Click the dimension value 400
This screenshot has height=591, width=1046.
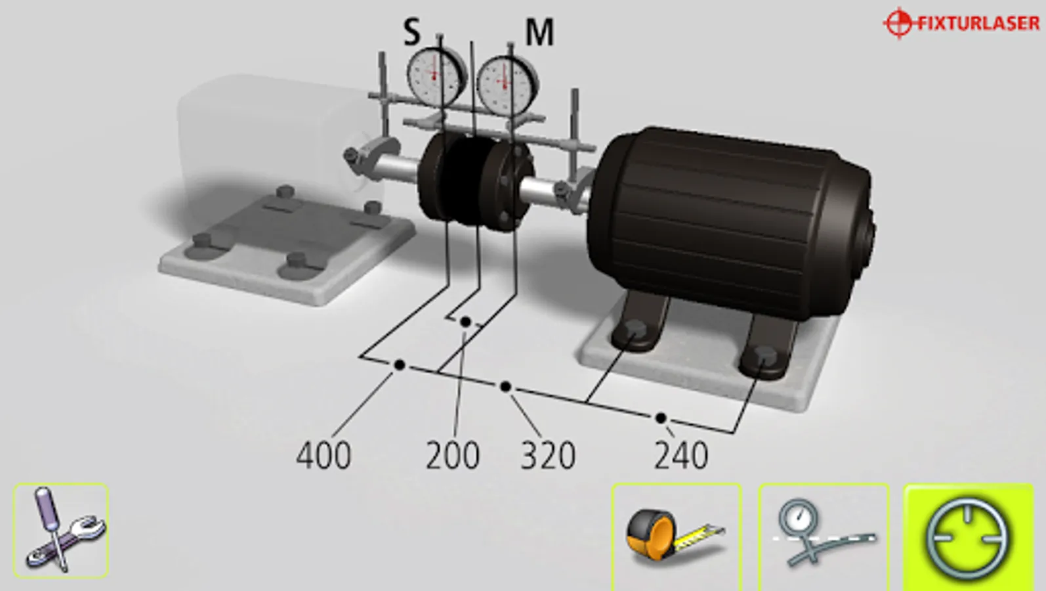click(x=324, y=455)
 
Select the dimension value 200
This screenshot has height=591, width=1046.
click(x=453, y=455)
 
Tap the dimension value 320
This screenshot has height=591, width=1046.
click(x=548, y=455)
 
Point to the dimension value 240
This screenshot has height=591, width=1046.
click(x=681, y=455)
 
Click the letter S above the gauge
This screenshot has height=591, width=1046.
click(x=411, y=32)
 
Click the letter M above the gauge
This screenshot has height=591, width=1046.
click(x=540, y=32)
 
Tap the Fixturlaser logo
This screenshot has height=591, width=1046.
click(x=961, y=23)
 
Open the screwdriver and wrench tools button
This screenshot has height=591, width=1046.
click(x=61, y=531)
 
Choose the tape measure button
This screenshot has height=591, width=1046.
click(x=677, y=536)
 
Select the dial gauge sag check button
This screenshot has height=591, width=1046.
click(x=824, y=536)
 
